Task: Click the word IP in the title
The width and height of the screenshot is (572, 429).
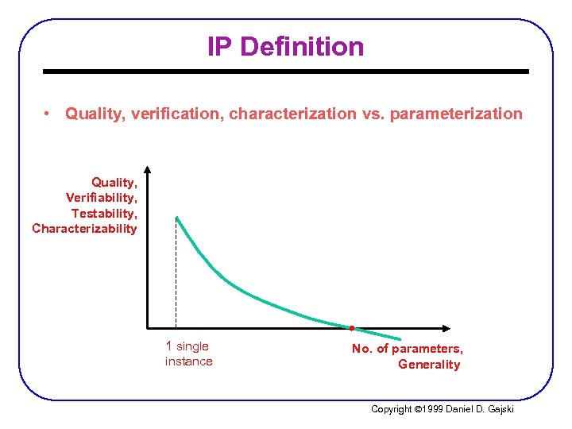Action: point(220,47)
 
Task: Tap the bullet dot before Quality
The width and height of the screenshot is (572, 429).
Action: point(49,114)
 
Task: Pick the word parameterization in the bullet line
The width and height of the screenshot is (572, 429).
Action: point(455,114)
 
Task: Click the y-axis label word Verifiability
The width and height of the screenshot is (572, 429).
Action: point(102,197)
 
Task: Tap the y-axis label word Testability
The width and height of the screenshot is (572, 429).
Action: point(105,213)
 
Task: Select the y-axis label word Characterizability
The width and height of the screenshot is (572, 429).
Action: point(84,229)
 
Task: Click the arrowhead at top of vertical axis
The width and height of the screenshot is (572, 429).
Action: point(148,170)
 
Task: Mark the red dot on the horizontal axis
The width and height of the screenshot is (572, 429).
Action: point(351,327)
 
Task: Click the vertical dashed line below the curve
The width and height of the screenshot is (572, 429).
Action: point(176,278)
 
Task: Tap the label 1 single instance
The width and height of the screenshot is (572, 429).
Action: point(188,354)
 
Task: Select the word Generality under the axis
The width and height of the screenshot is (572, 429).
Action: point(429,365)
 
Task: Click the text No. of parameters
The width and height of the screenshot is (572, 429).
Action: point(408,349)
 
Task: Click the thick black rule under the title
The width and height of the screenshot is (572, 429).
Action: point(286,71)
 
